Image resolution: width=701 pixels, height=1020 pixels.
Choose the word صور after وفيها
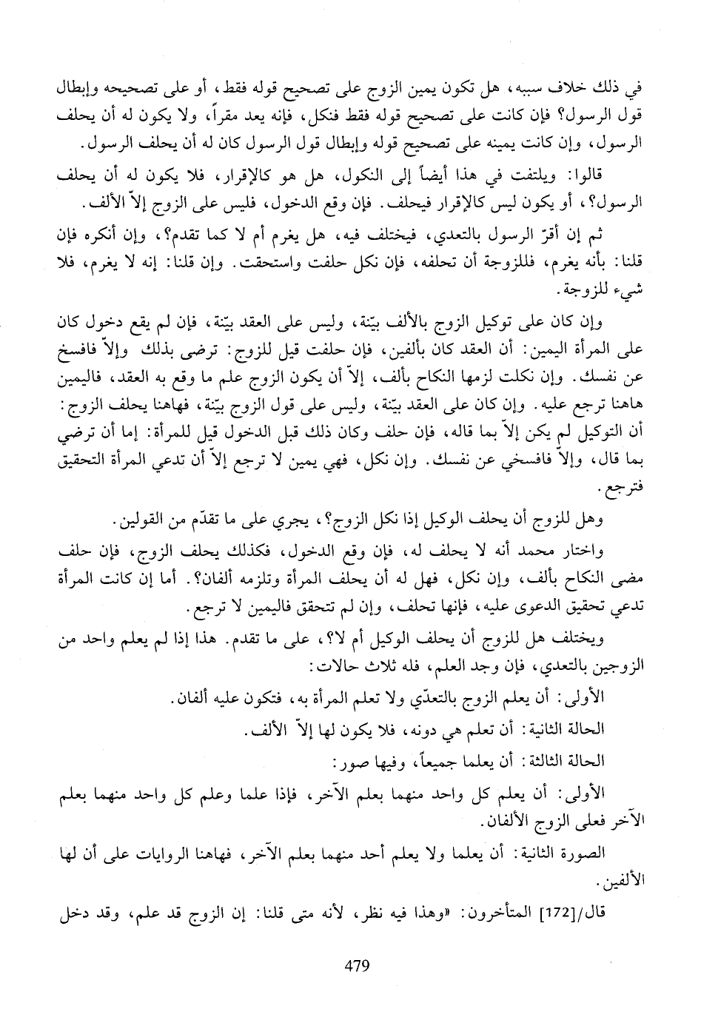(348, 760)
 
